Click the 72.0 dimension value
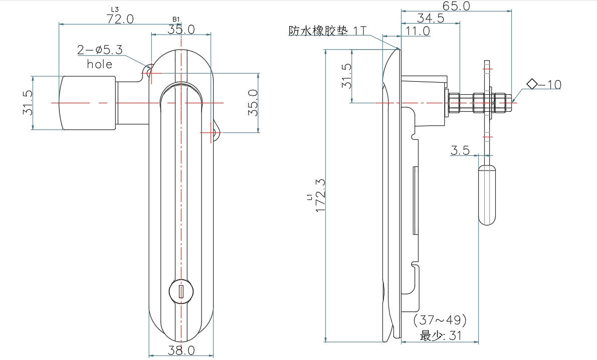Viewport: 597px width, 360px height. tap(120, 19)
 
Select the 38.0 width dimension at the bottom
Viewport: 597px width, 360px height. tap(181, 350)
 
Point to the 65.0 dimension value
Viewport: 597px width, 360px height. tap(456, 6)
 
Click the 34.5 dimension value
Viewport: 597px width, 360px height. tap(431, 19)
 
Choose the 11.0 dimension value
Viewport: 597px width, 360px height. tap(418, 31)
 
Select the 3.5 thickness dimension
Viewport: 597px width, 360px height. tap(460, 150)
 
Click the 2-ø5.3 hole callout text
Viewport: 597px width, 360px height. tap(100, 50)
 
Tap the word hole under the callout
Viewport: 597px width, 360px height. tap(100, 64)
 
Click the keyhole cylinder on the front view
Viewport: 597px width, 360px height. tap(180, 290)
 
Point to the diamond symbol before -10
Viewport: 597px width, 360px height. tap(532, 84)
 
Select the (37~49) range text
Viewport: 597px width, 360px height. tap(440, 320)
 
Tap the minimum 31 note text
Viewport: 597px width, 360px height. tap(441, 336)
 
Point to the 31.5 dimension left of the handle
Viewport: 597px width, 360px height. tap(27, 103)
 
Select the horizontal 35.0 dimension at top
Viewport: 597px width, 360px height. tap(181, 30)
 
